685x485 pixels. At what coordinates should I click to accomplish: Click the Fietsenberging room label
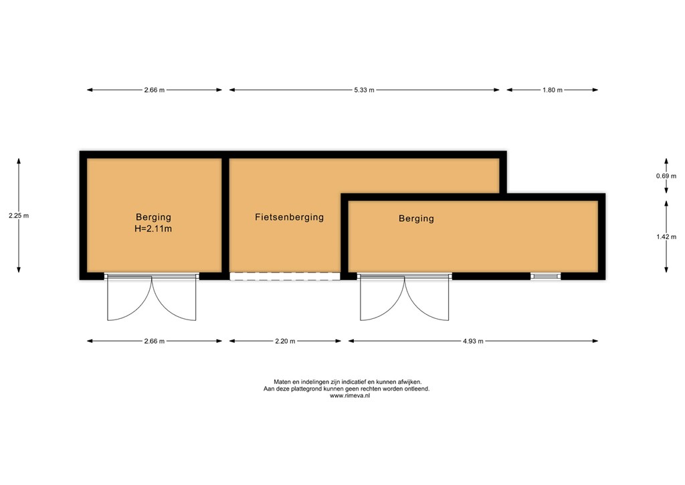[x=289, y=217]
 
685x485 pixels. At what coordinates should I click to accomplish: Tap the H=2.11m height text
[x=153, y=229]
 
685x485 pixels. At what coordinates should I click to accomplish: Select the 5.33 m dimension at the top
[x=364, y=90]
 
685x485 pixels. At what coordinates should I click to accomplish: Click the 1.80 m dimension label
[x=552, y=90]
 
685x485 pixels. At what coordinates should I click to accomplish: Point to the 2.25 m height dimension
[x=19, y=216]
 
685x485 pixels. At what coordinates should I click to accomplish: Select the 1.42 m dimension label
[x=666, y=236]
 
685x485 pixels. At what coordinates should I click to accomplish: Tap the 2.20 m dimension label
[x=285, y=341]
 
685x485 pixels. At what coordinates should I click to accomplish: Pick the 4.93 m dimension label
[x=472, y=341]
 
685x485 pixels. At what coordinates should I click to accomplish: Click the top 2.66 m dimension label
[x=154, y=90]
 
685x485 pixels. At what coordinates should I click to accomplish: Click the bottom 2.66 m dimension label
[x=154, y=341]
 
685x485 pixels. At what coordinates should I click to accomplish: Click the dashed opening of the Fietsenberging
[x=285, y=275]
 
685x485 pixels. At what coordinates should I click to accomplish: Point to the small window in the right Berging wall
[x=546, y=275]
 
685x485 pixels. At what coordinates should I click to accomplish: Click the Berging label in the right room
[x=416, y=218]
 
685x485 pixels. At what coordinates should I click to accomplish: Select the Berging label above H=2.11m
[x=153, y=217]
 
